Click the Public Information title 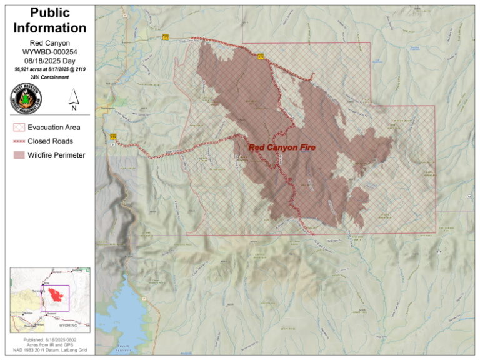click(x=50, y=21)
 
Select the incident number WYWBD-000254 click(x=50, y=51)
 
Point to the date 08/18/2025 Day click(x=50, y=59)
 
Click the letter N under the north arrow click(x=74, y=107)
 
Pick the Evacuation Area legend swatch click(x=20, y=127)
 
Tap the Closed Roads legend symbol click(x=20, y=141)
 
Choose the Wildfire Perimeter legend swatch click(x=20, y=155)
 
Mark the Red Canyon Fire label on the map click(x=282, y=147)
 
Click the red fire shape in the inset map click(x=51, y=298)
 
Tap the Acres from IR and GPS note click(x=50, y=345)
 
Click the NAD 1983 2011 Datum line click(x=50, y=351)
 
